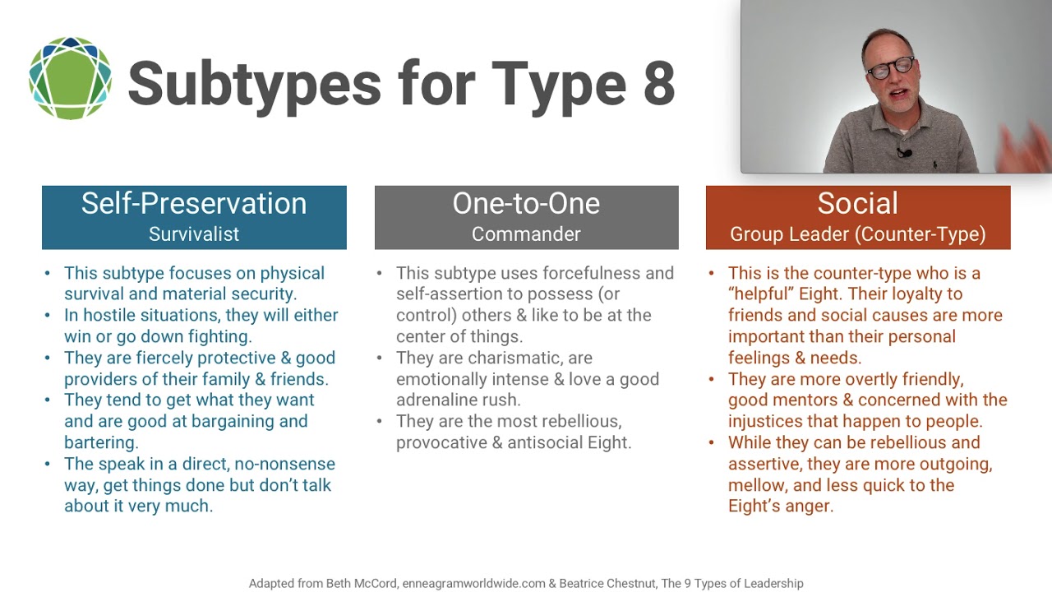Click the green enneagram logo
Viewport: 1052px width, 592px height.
pyautogui.click(x=70, y=79)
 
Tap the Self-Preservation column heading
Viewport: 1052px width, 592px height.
pyautogui.click(x=194, y=204)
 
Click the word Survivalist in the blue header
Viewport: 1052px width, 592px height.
pyautogui.click(x=194, y=234)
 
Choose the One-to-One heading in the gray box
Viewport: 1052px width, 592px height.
pyautogui.click(x=526, y=204)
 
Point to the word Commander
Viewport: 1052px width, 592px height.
pyautogui.click(x=526, y=234)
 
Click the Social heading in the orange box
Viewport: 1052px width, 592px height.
pyautogui.click(x=857, y=204)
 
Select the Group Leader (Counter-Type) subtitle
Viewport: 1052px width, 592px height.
pyautogui.click(x=857, y=234)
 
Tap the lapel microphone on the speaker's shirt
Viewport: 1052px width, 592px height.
pyautogui.click(x=904, y=153)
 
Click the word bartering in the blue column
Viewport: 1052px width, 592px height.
pyautogui.click(x=99, y=442)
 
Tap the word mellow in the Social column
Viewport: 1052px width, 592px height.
pyautogui.click(x=757, y=485)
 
